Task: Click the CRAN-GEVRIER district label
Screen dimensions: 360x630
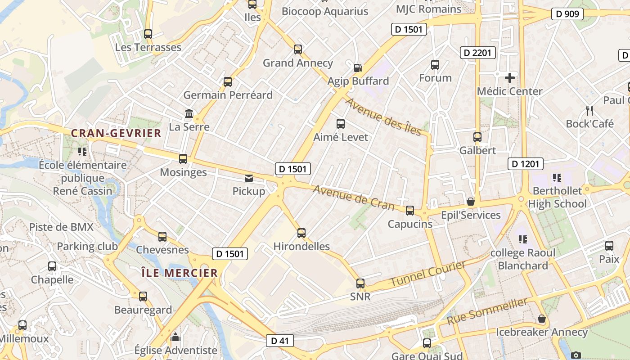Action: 116,133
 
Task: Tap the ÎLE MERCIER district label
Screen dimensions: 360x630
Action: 179,273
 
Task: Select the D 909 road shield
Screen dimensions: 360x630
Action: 567,14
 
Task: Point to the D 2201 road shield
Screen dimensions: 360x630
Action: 477,53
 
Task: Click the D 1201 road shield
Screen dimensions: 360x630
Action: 525,164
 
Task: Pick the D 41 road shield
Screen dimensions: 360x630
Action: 279,341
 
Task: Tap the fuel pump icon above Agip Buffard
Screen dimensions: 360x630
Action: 358,68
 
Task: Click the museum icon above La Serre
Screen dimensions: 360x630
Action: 189,114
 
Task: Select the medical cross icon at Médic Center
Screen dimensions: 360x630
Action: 509,78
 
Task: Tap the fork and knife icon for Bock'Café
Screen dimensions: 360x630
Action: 589,110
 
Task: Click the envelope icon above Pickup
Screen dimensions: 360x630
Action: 249,178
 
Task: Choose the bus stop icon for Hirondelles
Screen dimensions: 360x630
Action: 301,233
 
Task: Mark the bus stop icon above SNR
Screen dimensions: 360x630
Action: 360,283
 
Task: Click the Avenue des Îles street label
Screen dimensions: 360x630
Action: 383,117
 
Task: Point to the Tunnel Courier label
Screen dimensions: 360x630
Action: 427,274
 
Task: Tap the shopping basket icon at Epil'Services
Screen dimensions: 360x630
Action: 471,202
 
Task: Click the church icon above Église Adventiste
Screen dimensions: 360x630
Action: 175,337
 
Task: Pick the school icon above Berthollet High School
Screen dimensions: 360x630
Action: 557,178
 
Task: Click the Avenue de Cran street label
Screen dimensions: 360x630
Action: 353,198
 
